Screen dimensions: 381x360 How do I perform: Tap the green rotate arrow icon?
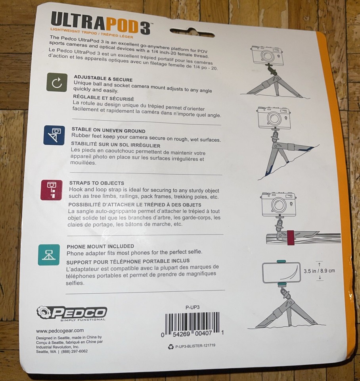click(57, 82)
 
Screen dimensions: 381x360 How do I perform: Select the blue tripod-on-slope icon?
click(54, 135)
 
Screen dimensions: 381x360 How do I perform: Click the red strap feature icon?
click(52, 189)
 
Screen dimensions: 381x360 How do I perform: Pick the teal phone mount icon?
click(49, 254)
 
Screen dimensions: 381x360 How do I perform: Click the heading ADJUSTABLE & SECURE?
click(103, 79)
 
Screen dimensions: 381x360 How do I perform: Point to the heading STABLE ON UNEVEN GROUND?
click(108, 130)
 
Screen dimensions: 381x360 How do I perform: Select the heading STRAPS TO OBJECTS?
click(96, 183)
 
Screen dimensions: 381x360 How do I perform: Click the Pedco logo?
click(71, 313)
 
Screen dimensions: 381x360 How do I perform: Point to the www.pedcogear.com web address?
click(59, 330)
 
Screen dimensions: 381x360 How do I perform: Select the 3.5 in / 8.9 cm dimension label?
click(319, 271)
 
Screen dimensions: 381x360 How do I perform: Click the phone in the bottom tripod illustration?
click(281, 272)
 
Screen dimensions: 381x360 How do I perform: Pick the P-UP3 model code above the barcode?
click(192, 307)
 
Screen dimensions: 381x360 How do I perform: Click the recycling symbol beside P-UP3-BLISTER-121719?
click(171, 346)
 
